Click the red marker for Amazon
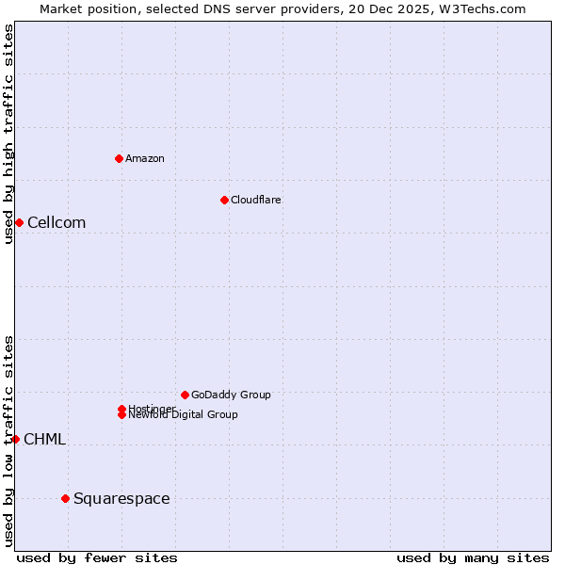[119, 158]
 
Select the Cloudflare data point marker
[224, 200]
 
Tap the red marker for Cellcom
[19, 222]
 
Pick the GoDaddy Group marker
[185, 395]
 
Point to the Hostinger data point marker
[121, 409]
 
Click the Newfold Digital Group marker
[121, 415]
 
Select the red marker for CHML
[15, 439]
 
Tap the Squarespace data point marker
[65, 498]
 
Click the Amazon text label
[145, 158]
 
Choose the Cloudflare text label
[255, 200]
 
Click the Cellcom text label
[56, 223]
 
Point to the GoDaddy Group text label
[231, 395]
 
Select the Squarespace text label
[121, 499]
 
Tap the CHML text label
[44, 440]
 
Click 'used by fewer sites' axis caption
[97, 557]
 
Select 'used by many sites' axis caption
[473, 557]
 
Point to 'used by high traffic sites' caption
[8, 134]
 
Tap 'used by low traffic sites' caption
[8, 441]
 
